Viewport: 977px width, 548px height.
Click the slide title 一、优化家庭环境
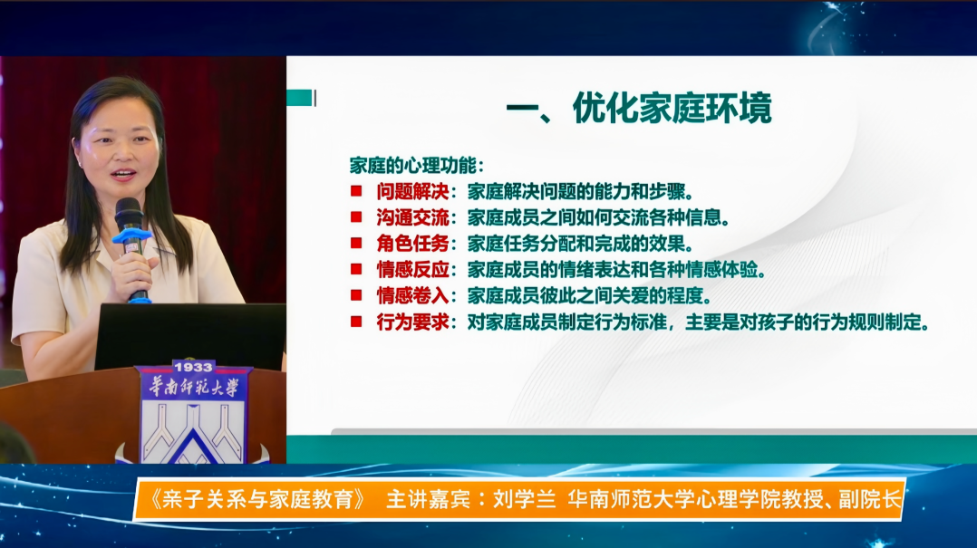(639, 108)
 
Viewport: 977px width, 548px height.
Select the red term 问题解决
(412, 191)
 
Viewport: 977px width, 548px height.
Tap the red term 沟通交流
(412, 217)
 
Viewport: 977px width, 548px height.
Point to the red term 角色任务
(412, 244)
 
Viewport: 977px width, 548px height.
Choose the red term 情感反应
(412, 270)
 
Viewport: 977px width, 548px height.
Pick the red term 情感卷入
(412, 296)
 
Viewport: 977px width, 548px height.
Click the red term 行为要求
(412, 322)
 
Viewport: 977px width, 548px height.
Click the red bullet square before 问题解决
(356, 191)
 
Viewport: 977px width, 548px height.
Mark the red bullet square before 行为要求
(356, 322)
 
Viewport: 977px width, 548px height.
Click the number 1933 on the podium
(193, 368)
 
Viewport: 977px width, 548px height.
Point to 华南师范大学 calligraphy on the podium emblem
(194, 388)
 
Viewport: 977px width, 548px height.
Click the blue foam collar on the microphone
(132, 237)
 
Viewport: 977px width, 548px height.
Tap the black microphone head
(129, 214)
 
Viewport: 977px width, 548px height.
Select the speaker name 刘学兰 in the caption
(524, 499)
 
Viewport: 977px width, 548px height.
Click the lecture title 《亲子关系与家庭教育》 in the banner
(257, 499)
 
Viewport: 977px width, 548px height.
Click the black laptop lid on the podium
(190, 336)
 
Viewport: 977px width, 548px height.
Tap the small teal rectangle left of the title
(300, 98)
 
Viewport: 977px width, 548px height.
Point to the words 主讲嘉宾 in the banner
(428, 499)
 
